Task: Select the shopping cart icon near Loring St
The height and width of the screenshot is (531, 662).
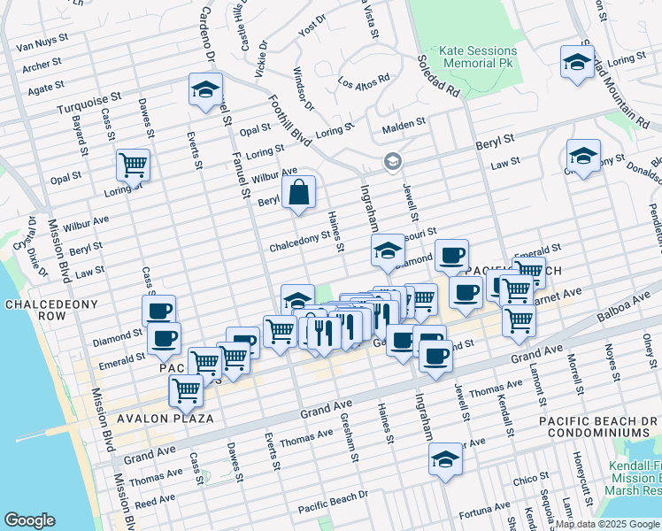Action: pyautogui.click(x=133, y=164)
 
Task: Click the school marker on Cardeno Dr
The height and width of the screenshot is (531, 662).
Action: pyautogui.click(x=205, y=89)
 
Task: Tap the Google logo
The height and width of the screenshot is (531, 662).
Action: pyautogui.click(x=30, y=520)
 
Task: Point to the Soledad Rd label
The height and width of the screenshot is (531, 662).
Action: pyautogui.click(x=440, y=77)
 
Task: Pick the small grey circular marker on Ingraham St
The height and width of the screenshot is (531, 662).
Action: pyautogui.click(x=392, y=161)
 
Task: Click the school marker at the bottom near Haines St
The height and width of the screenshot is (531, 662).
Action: pyautogui.click(x=445, y=458)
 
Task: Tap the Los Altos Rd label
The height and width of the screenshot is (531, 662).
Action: pyautogui.click(x=365, y=80)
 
